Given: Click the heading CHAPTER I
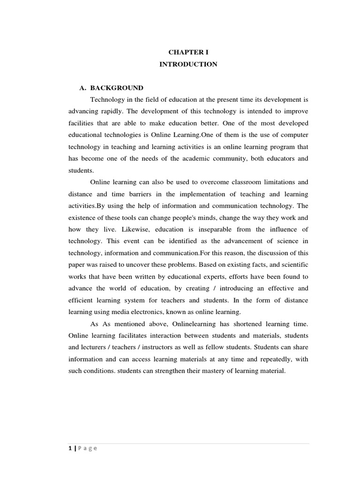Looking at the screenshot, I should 188,52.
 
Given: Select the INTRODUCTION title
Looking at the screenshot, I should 188,64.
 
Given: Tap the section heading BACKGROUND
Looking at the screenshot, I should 117,88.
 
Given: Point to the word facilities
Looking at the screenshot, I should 82,123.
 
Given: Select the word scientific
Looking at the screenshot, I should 294,264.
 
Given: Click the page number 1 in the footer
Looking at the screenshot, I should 70,448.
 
